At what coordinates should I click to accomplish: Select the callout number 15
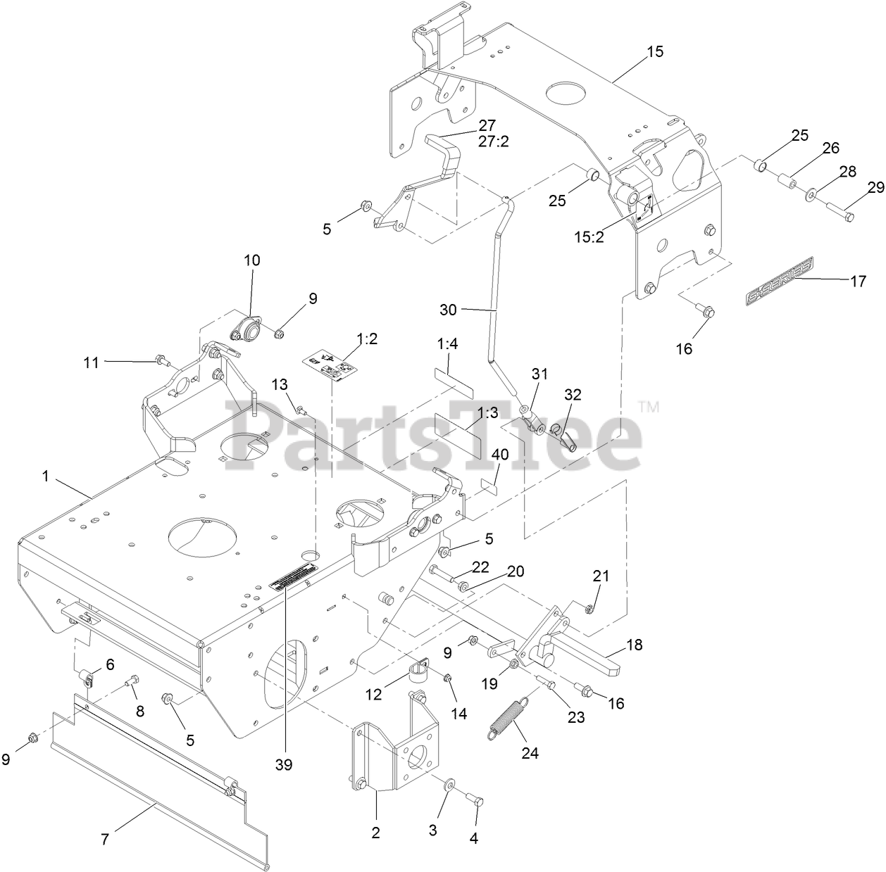point(655,52)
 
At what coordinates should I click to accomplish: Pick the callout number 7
point(105,839)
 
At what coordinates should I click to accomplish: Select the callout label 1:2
point(367,339)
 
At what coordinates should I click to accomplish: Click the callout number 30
point(449,310)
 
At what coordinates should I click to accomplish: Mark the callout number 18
point(635,643)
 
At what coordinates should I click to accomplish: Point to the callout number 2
point(376,833)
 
